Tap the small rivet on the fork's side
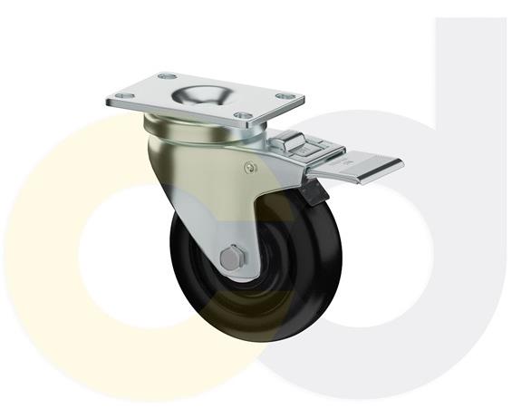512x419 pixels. point(251,165)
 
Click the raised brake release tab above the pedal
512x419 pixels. point(292,142)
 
